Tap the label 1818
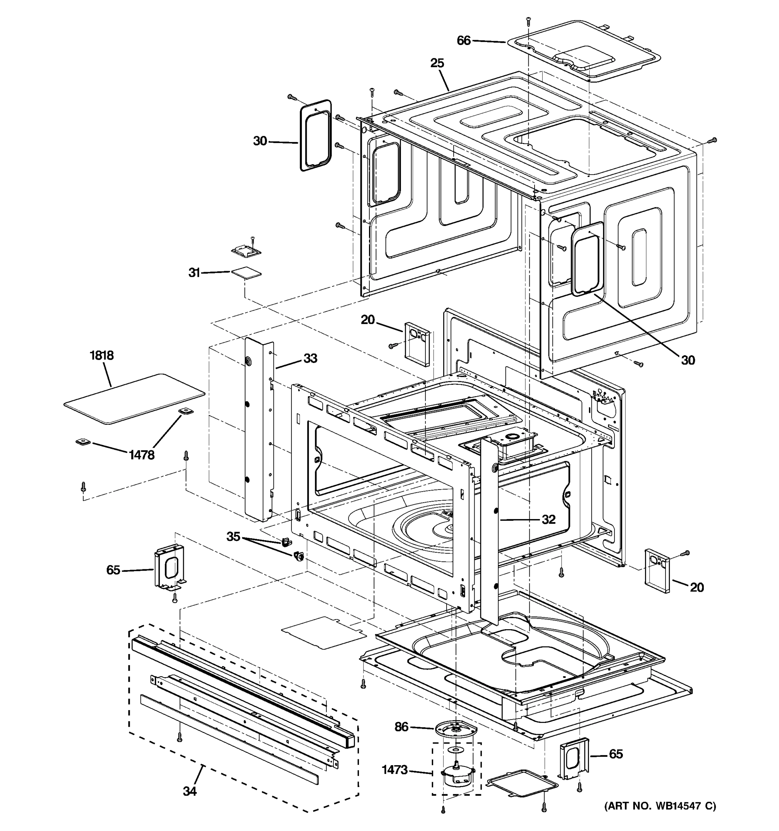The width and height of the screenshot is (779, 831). point(101,355)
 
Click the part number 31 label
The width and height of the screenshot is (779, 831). point(194,273)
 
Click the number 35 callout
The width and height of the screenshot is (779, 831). point(233,536)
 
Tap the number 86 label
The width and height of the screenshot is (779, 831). point(401,727)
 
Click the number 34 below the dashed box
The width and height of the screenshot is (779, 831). point(189,791)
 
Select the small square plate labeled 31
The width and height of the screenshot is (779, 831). point(246,273)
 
